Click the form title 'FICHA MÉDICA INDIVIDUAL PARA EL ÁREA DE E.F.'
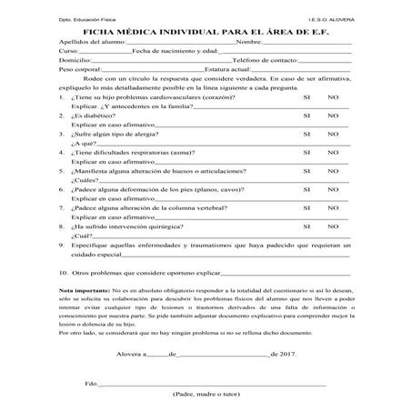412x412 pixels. [x=206, y=28]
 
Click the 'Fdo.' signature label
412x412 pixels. [x=90, y=386]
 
